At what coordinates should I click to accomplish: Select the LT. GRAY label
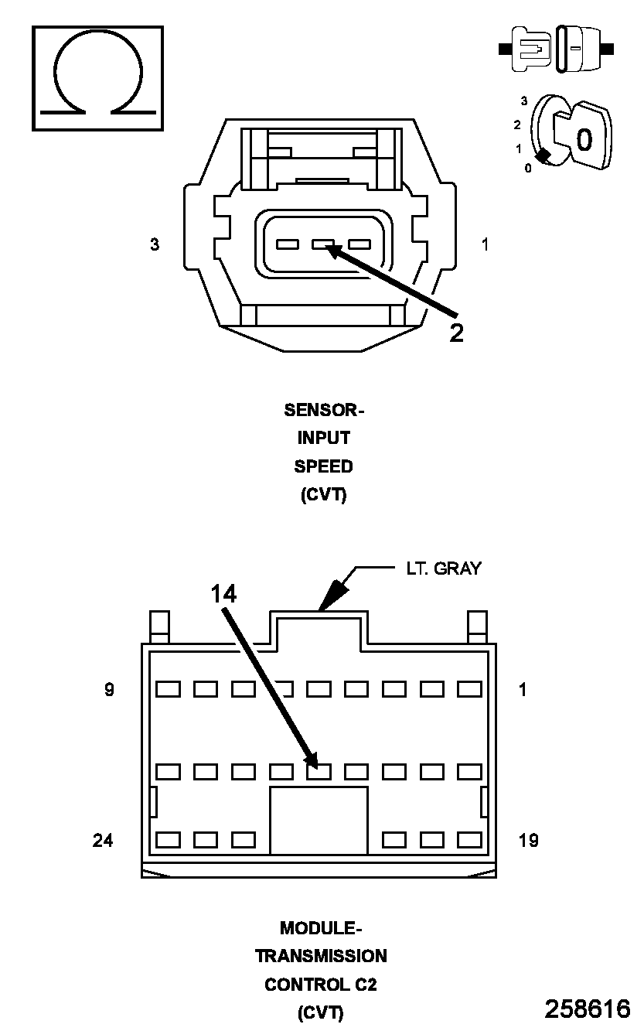point(444,568)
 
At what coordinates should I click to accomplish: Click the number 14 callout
point(223,593)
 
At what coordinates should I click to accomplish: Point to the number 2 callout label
point(457,333)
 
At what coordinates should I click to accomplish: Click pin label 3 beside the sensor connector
point(155,244)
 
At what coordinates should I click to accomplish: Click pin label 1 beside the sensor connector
point(485,244)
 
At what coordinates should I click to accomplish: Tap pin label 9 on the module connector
point(109,689)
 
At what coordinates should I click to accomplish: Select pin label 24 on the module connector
point(103,840)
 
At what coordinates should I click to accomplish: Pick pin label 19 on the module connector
point(528,840)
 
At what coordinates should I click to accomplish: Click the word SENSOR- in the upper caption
point(324,410)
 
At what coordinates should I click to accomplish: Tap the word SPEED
point(323,467)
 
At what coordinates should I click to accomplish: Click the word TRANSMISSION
point(321,956)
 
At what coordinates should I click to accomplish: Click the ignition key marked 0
point(584,138)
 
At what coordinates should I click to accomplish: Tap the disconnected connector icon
point(557,49)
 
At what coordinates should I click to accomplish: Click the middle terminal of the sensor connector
point(323,245)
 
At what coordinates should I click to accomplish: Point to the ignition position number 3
point(524,101)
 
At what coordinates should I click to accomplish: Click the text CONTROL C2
point(321,985)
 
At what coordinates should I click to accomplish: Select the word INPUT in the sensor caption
point(324,439)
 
